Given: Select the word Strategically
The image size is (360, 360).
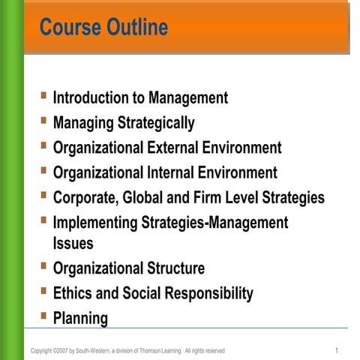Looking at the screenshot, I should point(152,122).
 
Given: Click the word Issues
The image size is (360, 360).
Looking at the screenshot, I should point(73,243).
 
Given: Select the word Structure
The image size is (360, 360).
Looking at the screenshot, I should point(174,268).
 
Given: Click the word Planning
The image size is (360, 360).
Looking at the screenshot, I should point(80,318).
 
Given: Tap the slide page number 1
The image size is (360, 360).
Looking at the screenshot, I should point(337,350).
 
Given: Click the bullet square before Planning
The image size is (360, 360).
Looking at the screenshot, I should point(45,315).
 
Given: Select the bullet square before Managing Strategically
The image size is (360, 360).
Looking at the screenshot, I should point(45,120).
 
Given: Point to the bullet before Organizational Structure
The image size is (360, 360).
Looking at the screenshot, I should point(45,265).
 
